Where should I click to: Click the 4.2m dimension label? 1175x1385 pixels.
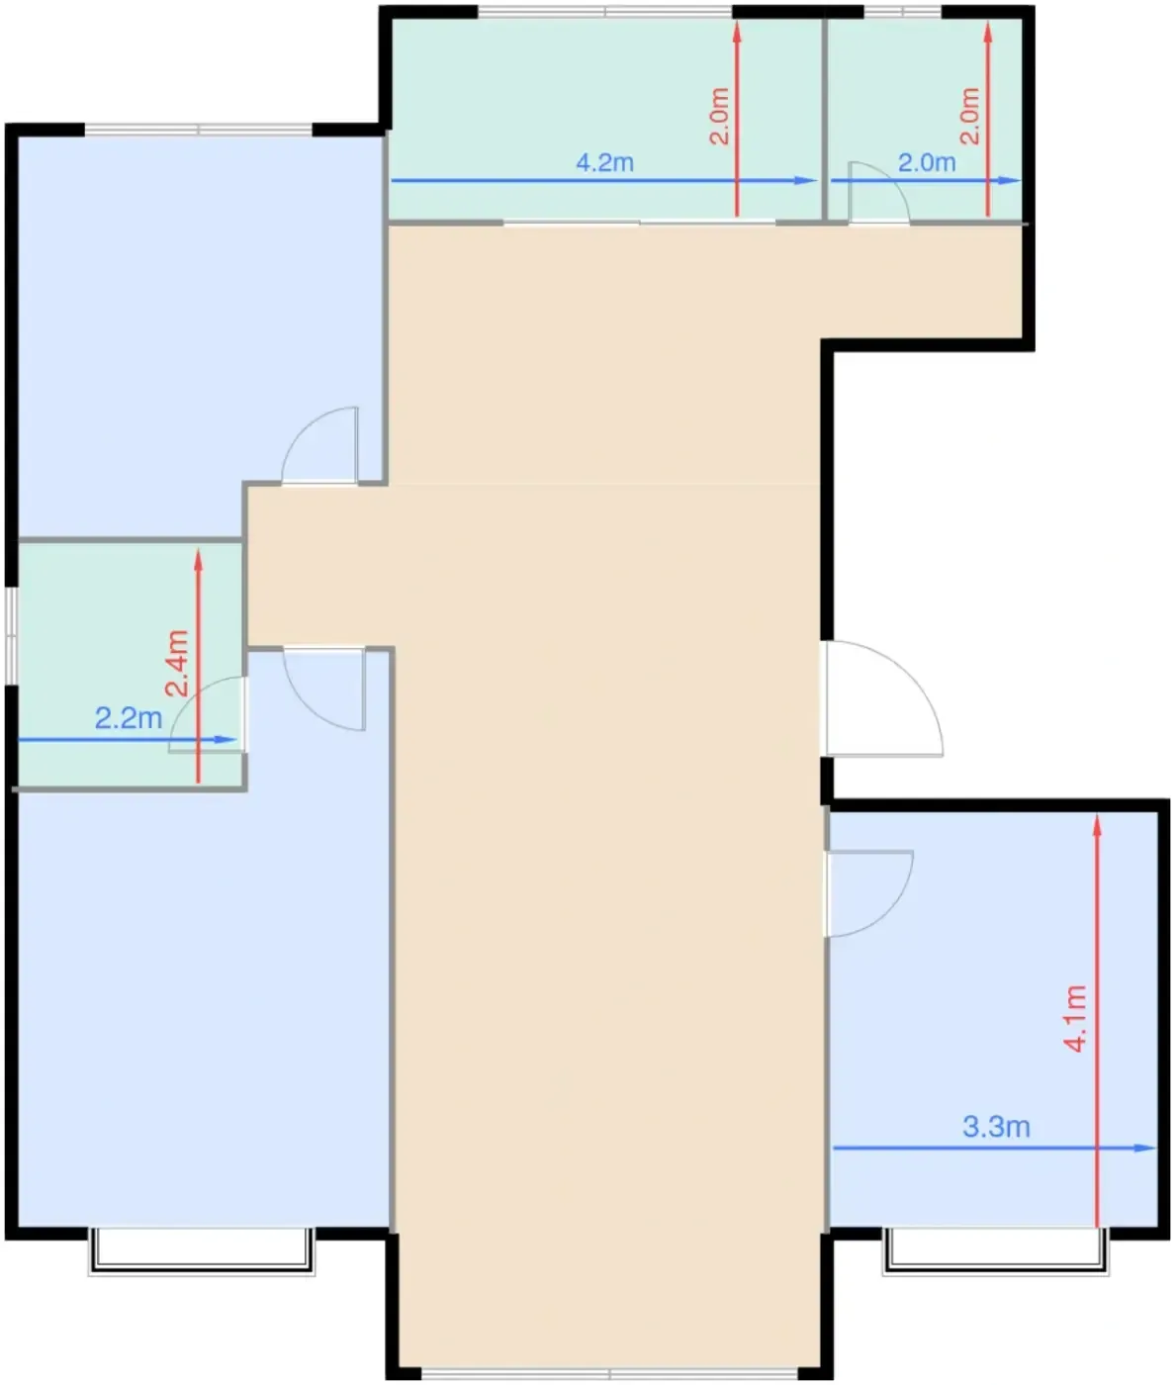(604, 162)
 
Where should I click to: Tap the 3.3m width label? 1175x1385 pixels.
(996, 1127)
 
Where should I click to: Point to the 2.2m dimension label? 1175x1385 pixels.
(129, 718)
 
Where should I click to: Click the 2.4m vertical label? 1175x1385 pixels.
(177, 664)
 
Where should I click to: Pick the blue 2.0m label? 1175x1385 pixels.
(927, 162)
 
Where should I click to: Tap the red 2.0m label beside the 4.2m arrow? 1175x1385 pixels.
(719, 116)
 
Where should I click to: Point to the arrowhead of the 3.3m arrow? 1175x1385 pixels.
(1144, 1148)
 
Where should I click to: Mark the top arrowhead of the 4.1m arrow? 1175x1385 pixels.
(1097, 825)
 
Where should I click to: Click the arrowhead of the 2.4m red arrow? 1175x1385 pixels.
(198, 560)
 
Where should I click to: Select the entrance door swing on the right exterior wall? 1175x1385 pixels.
(885, 698)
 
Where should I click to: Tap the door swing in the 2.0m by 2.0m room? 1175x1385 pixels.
(879, 192)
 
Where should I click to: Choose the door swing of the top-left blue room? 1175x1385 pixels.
(320, 444)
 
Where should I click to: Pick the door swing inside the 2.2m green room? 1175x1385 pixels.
(207, 714)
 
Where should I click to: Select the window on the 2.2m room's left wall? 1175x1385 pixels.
(11, 636)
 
